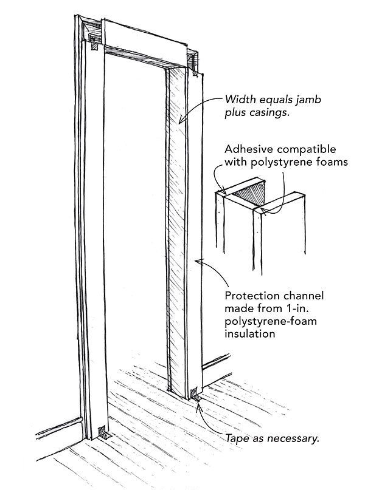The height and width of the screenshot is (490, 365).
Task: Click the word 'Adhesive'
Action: pos(248,149)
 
